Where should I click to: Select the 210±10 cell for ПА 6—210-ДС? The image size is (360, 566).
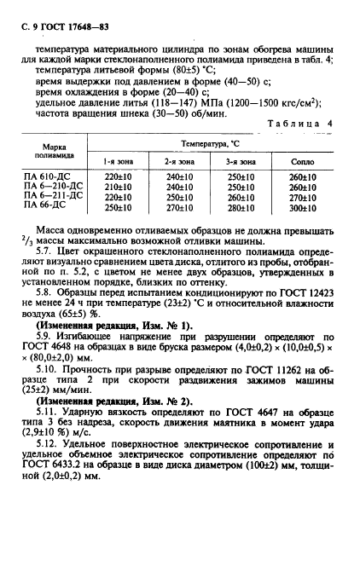pos(117,186)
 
